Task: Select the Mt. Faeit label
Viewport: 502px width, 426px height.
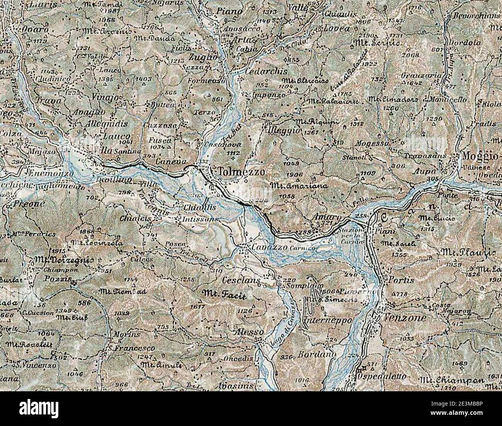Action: click(x=224, y=294)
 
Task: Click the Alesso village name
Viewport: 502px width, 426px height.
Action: click(x=249, y=333)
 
